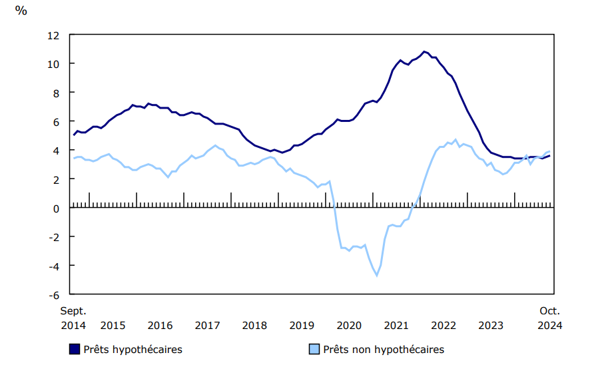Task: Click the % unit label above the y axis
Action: point(21,11)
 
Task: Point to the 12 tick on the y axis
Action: point(54,35)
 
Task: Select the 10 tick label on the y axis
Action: point(54,64)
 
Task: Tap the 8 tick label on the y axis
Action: point(57,93)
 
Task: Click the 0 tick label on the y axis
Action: point(57,208)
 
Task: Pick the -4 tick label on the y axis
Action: point(54,266)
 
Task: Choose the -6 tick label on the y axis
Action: point(54,294)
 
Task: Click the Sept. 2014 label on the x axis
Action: point(73,318)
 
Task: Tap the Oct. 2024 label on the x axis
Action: point(549,318)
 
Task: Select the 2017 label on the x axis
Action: point(207,326)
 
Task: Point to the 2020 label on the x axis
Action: point(349,326)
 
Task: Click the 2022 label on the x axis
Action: point(444,326)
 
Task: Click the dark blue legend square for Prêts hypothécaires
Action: point(75,349)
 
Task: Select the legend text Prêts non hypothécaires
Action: point(383,349)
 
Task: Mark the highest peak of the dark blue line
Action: point(424,51)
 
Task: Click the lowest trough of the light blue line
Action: point(376,276)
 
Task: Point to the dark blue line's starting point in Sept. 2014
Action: point(74,135)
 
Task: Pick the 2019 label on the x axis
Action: point(302,326)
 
